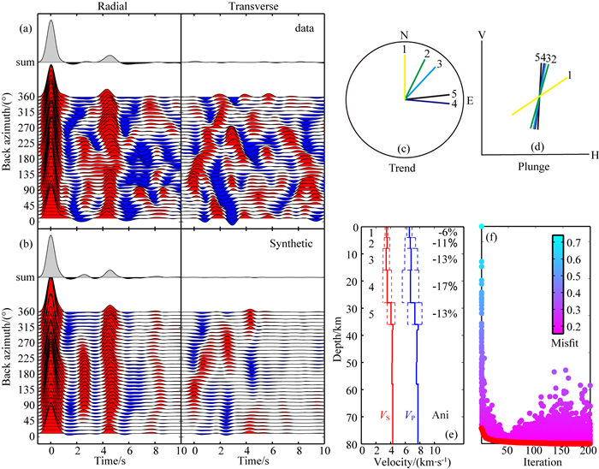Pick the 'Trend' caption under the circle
tap(400, 169)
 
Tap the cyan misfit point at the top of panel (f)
tap(483, 227)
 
